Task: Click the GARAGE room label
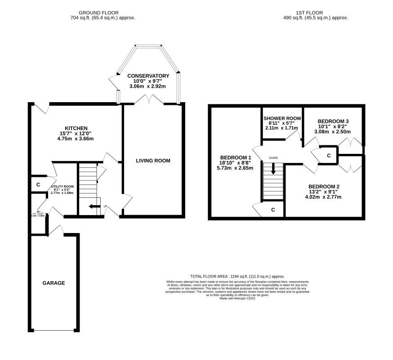point(54,283)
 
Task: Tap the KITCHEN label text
point(76,128)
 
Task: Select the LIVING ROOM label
point(153,161)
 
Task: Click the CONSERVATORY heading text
point(148,76)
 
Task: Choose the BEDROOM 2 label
point(323,186)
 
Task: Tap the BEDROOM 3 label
point(333,121)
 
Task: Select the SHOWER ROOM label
point(282,118)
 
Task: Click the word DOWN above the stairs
point(273,158)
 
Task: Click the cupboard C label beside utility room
point(38,184)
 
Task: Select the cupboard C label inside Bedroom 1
point(273,210)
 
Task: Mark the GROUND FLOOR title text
point(103,13)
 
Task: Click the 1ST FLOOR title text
point(310,13)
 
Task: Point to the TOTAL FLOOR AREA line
point(237,276)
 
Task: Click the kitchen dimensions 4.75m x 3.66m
point(76,139)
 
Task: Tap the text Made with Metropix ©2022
point(237,298)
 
